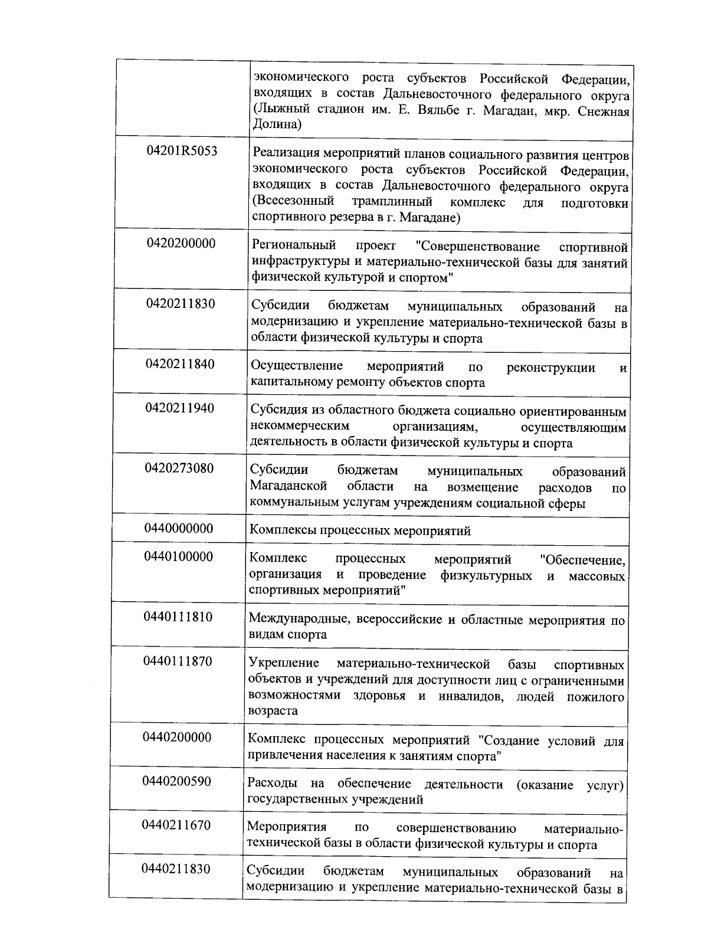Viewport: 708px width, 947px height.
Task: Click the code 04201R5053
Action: point(182,151)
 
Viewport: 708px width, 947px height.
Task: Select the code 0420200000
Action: point(181,244)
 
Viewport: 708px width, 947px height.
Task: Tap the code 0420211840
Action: point(181,364)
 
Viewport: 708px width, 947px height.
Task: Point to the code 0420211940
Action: point(180,408)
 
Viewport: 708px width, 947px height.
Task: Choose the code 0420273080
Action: point(179,468)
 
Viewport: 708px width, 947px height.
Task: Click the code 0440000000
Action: point(179,528)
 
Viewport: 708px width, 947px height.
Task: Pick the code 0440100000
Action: point(179,556)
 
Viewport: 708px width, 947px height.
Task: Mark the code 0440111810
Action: point(178,617)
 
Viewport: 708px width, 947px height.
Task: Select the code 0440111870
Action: point(178,661)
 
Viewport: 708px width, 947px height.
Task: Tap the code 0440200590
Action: point(176,782)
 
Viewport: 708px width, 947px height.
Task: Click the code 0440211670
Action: point(176,825)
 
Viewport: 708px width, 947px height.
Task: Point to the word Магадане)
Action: point(430,218)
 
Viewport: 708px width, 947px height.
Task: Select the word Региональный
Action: point(294,245)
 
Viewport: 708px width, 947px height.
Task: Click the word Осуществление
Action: point(297,366)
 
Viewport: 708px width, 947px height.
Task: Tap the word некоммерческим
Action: point(300,426)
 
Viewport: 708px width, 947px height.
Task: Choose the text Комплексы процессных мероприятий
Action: point(360,530)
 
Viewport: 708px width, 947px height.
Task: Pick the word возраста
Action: point(273,710)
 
